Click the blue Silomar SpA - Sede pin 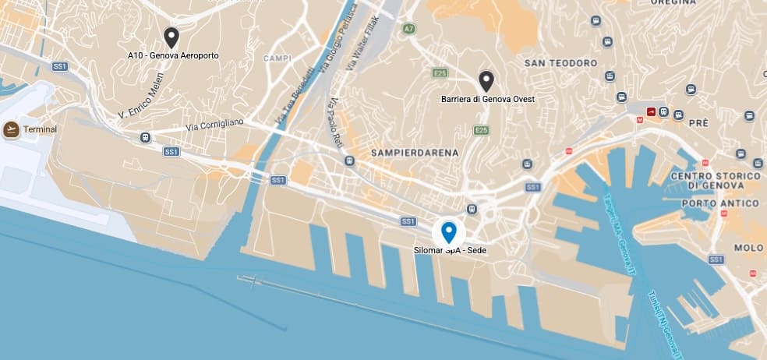[449, 232]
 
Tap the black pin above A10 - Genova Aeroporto [171, 37]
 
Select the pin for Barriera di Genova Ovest [487, 81]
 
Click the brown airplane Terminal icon [12, 129]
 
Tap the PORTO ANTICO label [720, 203]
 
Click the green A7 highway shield [408, 29]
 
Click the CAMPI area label [277, 58]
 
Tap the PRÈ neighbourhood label [698, 122]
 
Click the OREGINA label [673, 3]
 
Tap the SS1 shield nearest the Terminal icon [60, 66]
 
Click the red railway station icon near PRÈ [651, 112]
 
